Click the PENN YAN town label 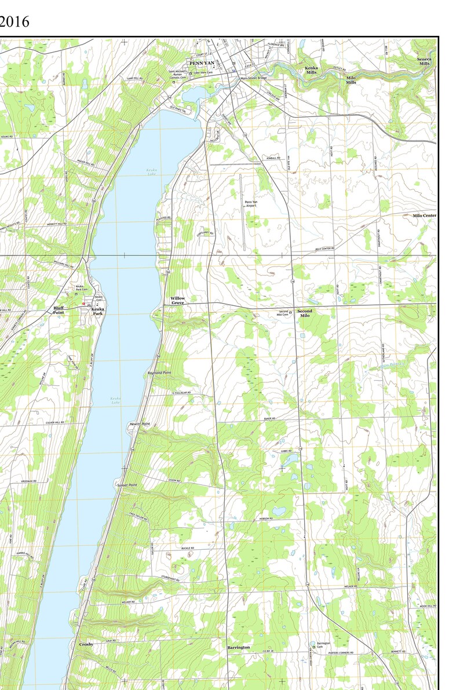[x=202, y=63]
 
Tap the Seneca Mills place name [x=425, y=61]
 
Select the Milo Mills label [x=351, y=80]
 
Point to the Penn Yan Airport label [x=251, y=203]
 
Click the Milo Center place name [x=424, y=216]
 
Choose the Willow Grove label [x=178, y=300]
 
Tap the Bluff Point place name [x=59, y=310]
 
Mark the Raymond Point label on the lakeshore [x=160, y=373]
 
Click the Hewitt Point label [x=140, y=424]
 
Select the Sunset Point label [x=127, y=484]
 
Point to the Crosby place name [x=86, y=644]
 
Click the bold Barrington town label [x=238, y=647]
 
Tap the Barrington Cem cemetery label [x=323, y=645]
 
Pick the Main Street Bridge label [x=254, y=77]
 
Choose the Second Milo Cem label [x=282, y=313]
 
